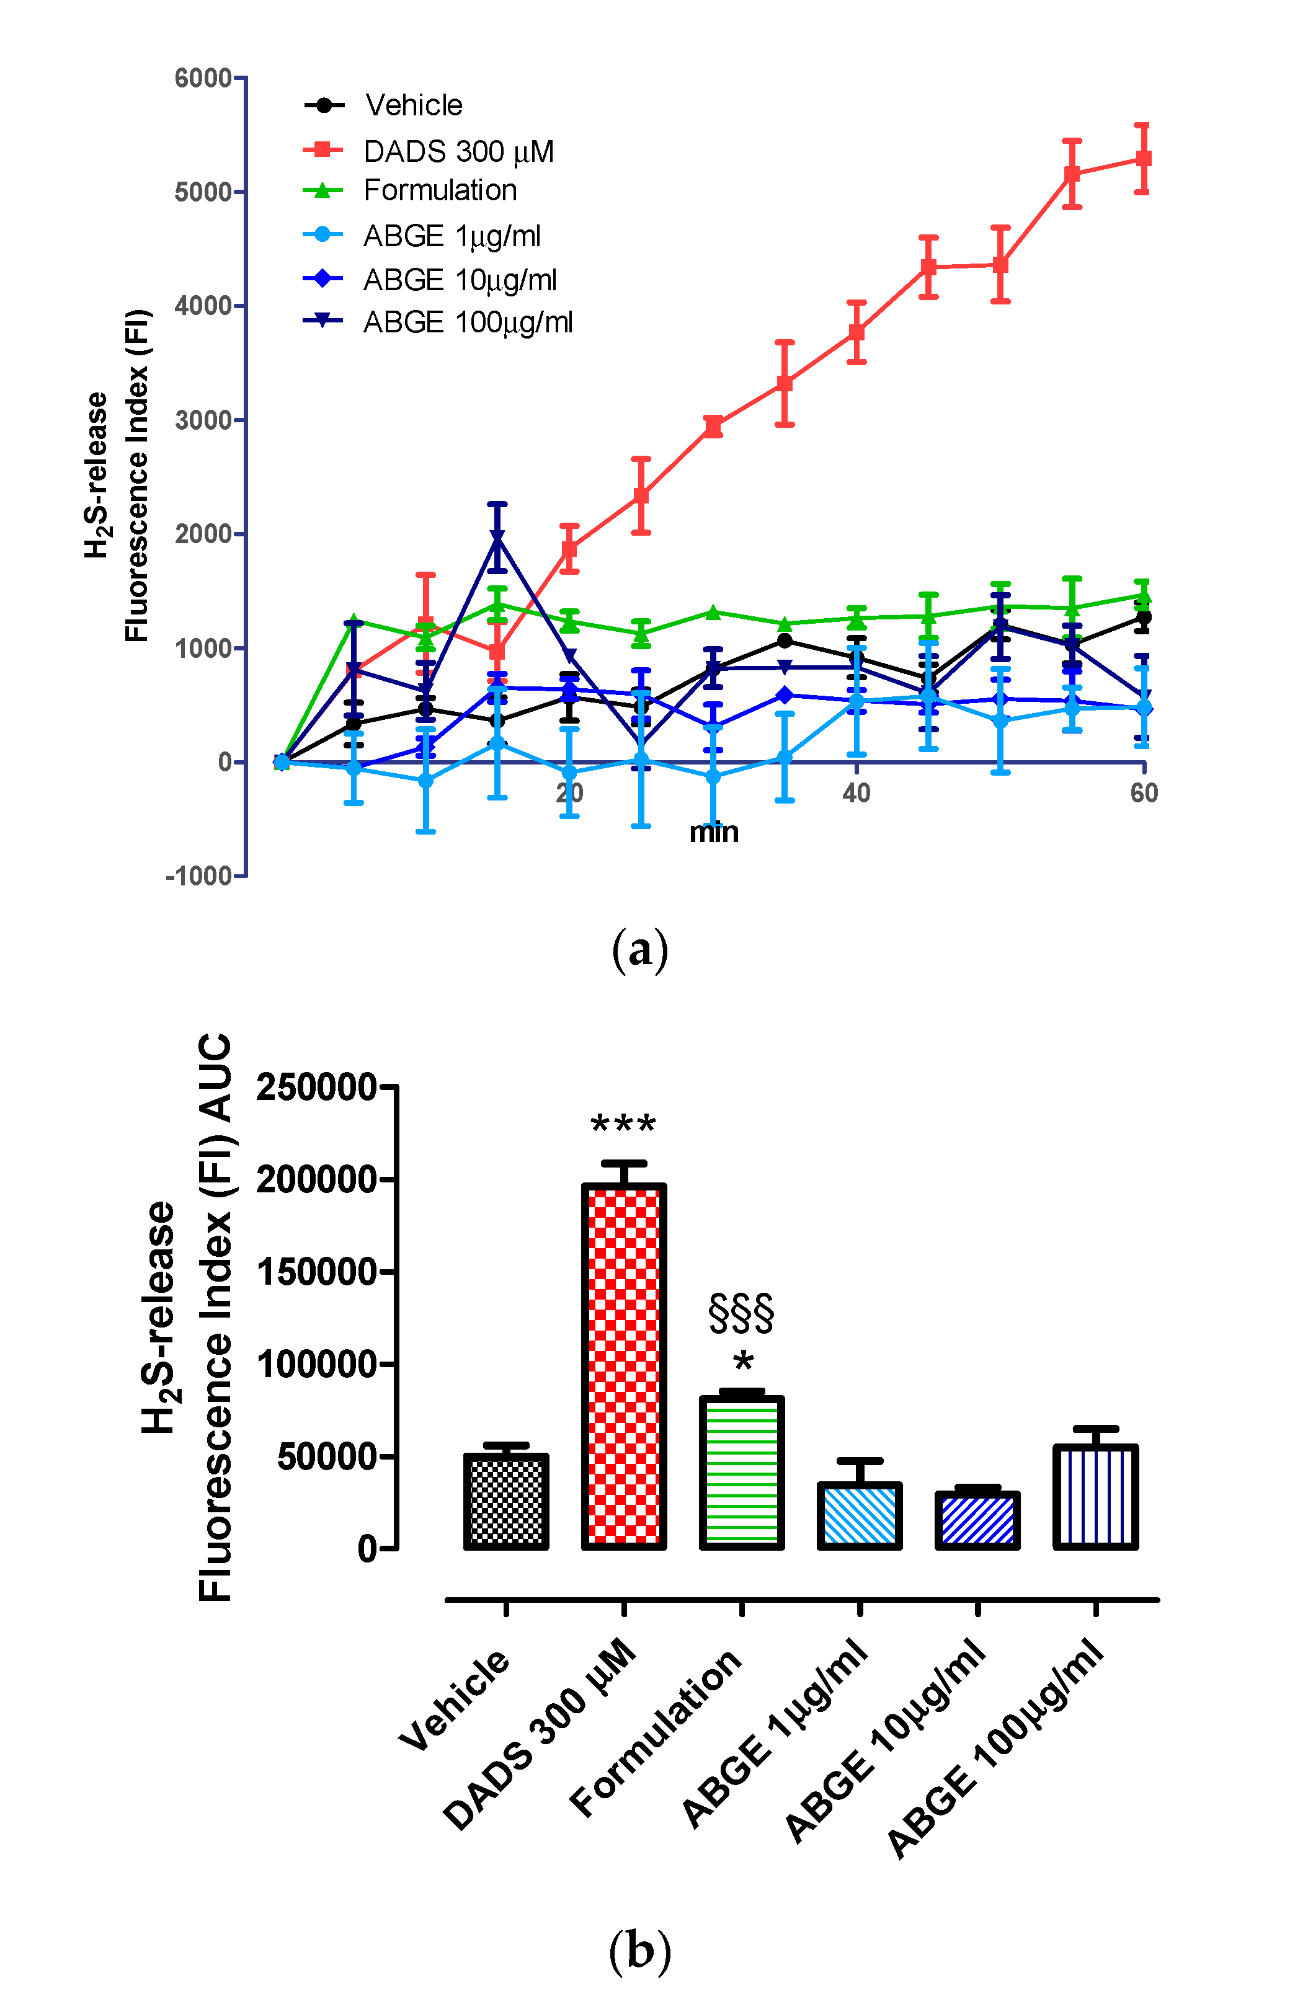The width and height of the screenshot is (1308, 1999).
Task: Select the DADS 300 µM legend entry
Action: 458,151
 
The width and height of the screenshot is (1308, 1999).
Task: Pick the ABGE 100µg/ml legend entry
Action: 467,322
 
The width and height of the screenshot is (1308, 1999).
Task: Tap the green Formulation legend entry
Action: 439,190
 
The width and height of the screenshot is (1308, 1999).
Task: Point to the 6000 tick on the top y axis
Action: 202,78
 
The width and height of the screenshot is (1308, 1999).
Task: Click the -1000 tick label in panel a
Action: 199,876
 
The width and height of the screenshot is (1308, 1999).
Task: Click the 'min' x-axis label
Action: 713,832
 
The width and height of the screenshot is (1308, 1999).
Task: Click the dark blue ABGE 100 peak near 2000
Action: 497,538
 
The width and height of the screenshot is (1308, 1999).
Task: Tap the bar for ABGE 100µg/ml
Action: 1095,1496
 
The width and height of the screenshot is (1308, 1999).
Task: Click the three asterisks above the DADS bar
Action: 623,1123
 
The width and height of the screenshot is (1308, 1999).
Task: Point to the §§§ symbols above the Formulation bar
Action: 741,1314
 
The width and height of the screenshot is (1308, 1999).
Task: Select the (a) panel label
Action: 639,950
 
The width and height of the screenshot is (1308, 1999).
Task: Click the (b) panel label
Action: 639,1949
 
